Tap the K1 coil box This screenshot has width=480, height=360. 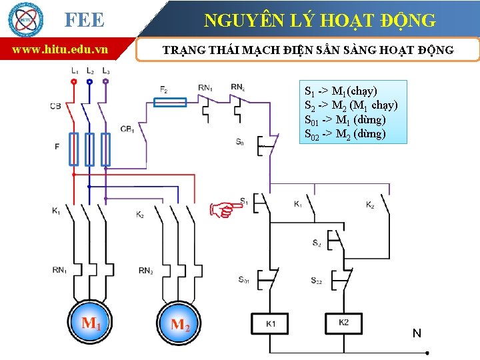coord(271,323)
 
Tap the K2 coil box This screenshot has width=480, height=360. coord(344,323)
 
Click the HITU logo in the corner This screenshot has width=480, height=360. coord(25,19)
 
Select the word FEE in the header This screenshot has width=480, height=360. coord(84,20)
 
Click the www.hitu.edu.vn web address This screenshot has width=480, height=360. coord(60,49)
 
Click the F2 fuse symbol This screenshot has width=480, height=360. coord(171,102)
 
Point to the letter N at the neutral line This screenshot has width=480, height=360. coord(417,333)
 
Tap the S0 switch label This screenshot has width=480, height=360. coord(239,142)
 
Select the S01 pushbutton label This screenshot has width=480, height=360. coord(244,280)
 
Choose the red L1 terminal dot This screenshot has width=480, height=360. coord(73,80)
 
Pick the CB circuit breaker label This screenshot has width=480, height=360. coord(55,106)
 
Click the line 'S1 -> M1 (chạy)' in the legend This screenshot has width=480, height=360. coord(341,91)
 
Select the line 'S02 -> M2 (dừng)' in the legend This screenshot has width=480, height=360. coord(345,134)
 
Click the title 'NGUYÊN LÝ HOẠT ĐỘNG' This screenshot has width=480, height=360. coord(320,21)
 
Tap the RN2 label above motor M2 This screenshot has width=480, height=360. coord(146,270)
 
